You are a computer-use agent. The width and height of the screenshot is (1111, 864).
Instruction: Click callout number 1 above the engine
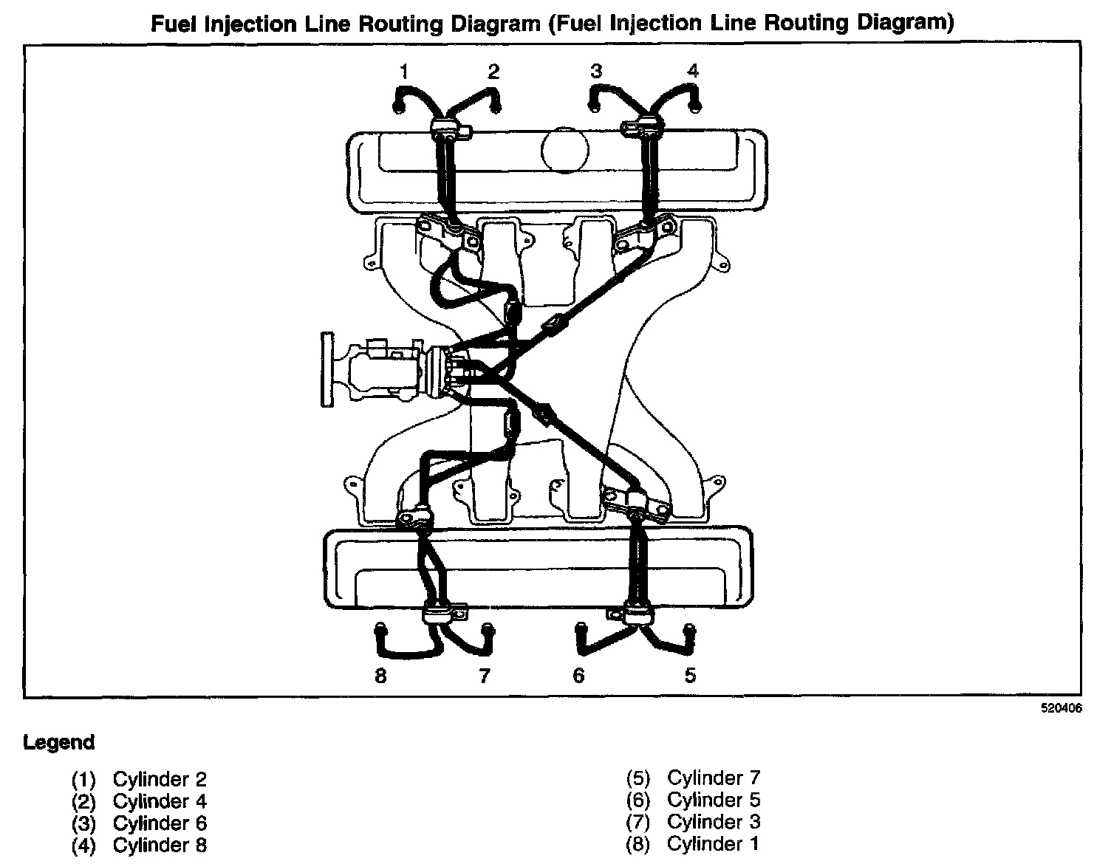point(403,72)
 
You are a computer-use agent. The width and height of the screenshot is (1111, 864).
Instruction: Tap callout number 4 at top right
point(692,71)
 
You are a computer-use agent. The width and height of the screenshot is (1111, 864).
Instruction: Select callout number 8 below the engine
point(380,675)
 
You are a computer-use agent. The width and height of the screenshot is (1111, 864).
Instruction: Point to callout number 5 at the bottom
point(689,675)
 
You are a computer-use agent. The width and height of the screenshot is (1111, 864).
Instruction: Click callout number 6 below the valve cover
point(578,675)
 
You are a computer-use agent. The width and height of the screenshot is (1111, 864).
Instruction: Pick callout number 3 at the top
point(596,72)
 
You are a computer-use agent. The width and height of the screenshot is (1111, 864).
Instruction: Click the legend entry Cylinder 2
point(160,779)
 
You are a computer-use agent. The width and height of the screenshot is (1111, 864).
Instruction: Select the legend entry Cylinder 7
point(713,778)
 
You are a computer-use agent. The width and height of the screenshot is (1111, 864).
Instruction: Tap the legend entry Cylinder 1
point(713,843)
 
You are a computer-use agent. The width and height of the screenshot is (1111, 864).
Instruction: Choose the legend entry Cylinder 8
point(160,845)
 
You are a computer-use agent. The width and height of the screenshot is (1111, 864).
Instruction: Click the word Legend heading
point(59,742)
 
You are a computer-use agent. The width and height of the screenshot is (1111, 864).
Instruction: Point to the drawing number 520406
point(1062,707)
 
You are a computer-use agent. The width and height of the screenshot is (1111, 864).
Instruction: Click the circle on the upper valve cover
point(564,150)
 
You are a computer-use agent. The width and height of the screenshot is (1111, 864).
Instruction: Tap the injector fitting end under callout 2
point(496,108)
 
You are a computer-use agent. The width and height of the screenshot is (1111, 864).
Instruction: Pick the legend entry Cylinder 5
point(713,800)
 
